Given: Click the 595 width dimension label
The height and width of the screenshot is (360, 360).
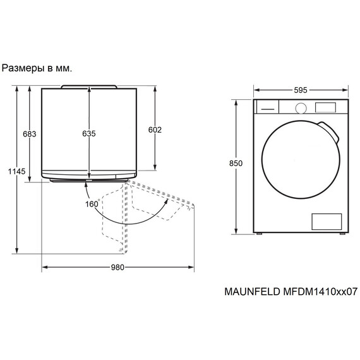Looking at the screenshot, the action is click(x=301, y=90).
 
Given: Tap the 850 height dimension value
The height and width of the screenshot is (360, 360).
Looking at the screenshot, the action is click(x=236, y=163).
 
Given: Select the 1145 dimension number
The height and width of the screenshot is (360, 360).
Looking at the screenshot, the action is click(x=17, y=171).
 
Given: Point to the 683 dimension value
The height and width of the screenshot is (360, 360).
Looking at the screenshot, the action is click(x=30, y=134).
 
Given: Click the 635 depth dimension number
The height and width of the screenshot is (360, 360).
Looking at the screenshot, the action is click(x=89, y=133).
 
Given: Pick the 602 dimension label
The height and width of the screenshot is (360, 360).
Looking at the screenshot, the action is click(x=155, y=129).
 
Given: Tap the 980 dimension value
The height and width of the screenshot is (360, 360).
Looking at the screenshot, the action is click(x=117, y=267).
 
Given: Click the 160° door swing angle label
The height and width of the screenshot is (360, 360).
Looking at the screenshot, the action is click(x=93, y=203).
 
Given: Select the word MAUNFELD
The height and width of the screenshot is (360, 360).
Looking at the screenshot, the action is click(x=253, y=292).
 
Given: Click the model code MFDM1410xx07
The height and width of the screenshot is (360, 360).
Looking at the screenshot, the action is click(x=320, y=292).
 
